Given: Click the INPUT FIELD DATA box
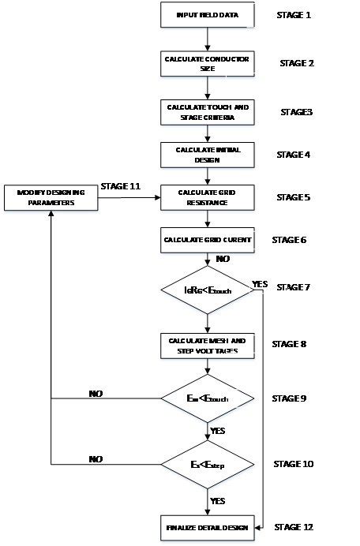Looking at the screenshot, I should tap(206, 15).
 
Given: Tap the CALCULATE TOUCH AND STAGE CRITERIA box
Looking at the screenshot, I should tap(206, 111).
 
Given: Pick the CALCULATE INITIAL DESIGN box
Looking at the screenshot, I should tap(206, 153).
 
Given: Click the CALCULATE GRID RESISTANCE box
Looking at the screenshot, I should tap(206, 196).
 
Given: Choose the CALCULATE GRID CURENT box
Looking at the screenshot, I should tap(206, 239).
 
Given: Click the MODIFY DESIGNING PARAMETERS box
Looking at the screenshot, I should tap(49, 198).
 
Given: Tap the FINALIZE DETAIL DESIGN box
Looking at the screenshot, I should tap(206, 526).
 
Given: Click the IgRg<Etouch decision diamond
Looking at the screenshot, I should tap(206, 291).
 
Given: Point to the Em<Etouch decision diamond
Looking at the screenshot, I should tap(206, 398).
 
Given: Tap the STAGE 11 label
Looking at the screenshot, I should tap(122, 186).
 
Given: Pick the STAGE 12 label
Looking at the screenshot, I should tap(297, 525).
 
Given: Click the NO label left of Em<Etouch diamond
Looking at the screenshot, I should tap(95, 392).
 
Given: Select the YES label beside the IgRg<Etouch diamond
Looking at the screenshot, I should tap(260, 282).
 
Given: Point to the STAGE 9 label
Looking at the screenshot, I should tap(294, 398).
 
